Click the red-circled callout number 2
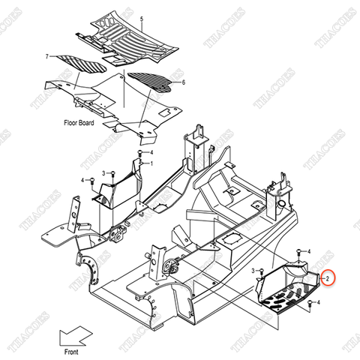click(x=328, y=277)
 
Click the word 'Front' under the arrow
click(x=72, y=349)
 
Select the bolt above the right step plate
click(x=301, y=253)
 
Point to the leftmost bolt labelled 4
click(x=91, y=180)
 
